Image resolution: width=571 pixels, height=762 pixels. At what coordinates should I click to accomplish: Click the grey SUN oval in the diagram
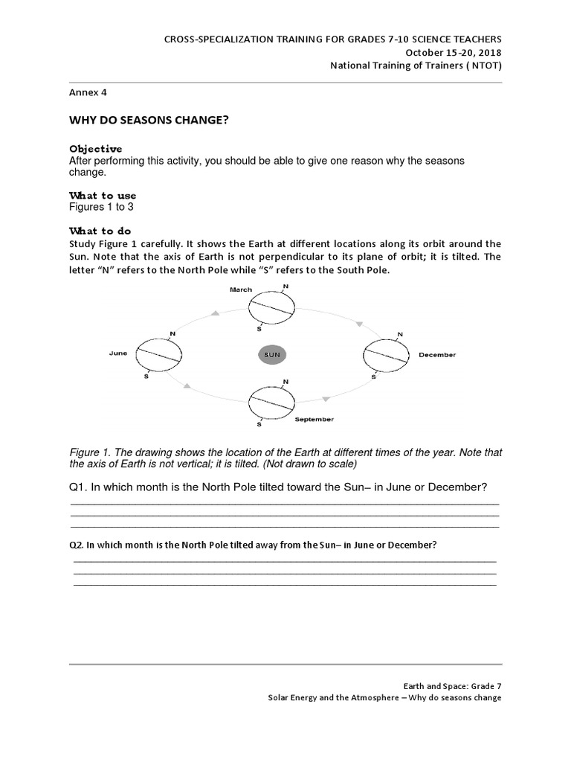pos(272,355)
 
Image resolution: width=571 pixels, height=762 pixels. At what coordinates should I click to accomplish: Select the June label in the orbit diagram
pos(119,354)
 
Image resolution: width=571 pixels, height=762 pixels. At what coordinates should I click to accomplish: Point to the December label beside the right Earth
pos(437,355)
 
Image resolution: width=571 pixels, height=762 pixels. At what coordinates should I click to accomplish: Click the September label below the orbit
pos(314,420)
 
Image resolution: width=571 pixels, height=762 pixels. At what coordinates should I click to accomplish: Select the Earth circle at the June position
pos(158,355)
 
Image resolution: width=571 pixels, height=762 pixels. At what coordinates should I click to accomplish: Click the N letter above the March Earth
pos(286,286)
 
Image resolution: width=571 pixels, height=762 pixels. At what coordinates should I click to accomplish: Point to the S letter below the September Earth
pos(259,424)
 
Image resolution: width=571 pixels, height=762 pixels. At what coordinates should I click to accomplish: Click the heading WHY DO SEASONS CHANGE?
pos(148,120)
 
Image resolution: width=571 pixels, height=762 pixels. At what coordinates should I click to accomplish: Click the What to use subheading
pos(103,196)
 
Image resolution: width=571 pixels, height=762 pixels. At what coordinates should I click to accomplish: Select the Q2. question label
pos(77,545)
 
